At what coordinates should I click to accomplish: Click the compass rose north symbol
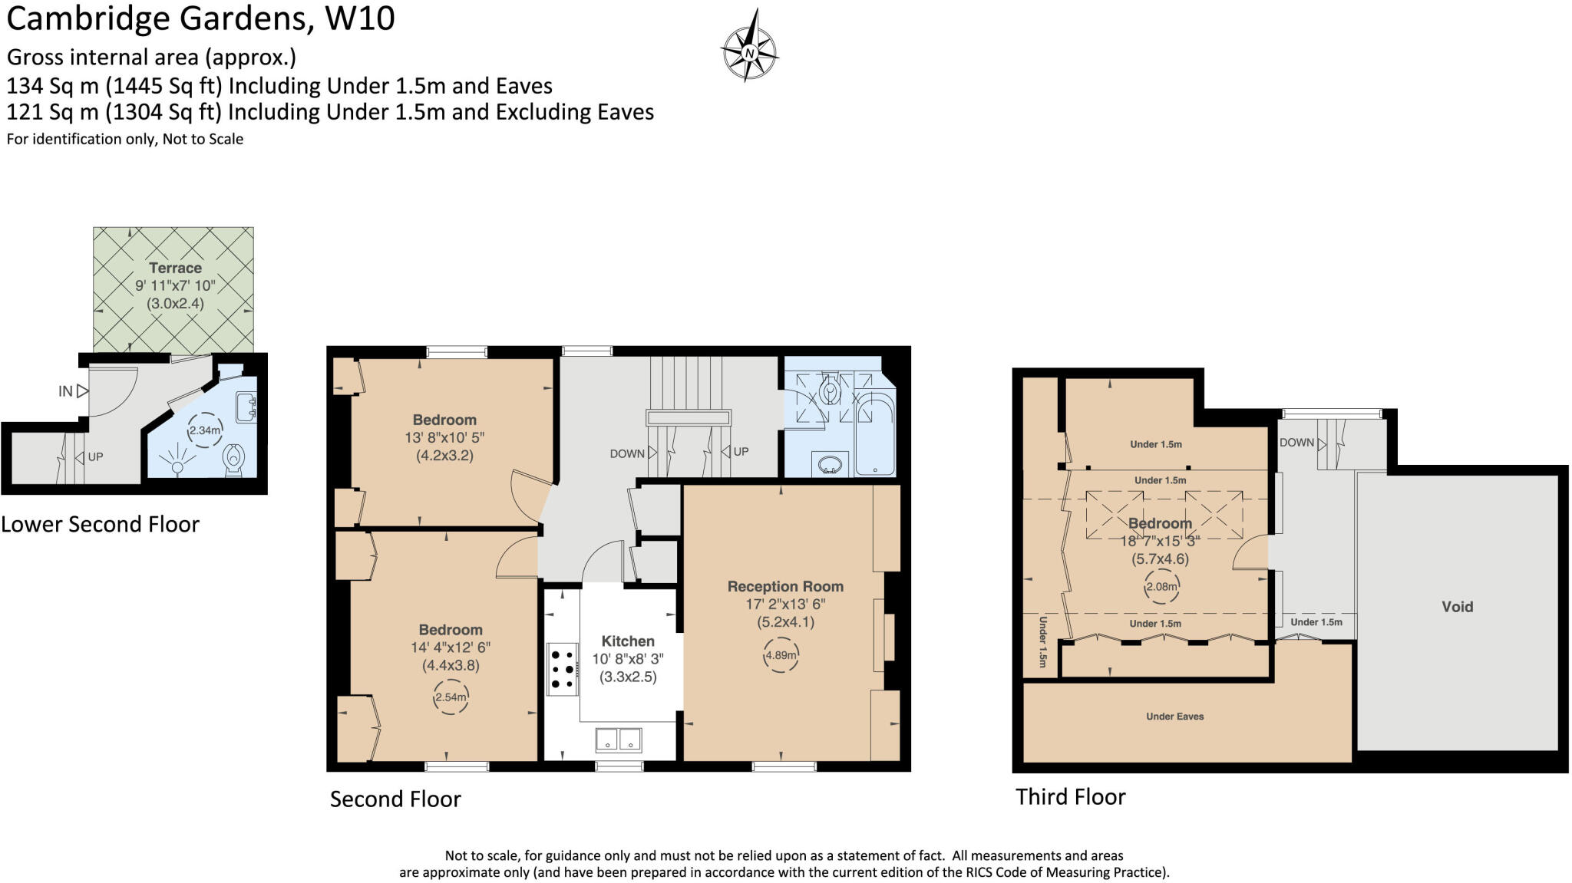coord(749,52)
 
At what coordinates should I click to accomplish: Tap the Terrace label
coord(175,268)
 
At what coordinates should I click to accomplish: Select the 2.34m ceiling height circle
coord(205,430)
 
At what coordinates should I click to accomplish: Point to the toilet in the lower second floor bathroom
coord(233,459)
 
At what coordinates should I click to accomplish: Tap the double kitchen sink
coord(618,739)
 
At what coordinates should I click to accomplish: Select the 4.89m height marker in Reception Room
coord(781,655)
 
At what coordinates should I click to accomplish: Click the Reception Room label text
coord(785,586)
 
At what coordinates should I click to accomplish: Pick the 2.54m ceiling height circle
coord(451,697)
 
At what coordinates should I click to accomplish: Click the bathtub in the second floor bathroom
coord(874,433)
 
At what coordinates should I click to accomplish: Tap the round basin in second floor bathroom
coord(830,464)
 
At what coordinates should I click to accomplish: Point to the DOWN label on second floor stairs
coord(627,453)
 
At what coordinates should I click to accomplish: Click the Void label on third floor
coord(1457,607)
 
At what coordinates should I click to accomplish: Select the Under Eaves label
coord(1174,717)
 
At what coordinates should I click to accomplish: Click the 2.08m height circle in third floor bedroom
coord(1161,587)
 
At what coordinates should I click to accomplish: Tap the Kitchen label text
coord(628,641)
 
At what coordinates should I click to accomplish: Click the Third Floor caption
coord(1070,796)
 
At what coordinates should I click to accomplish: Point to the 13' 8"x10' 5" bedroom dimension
coord(444,437)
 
